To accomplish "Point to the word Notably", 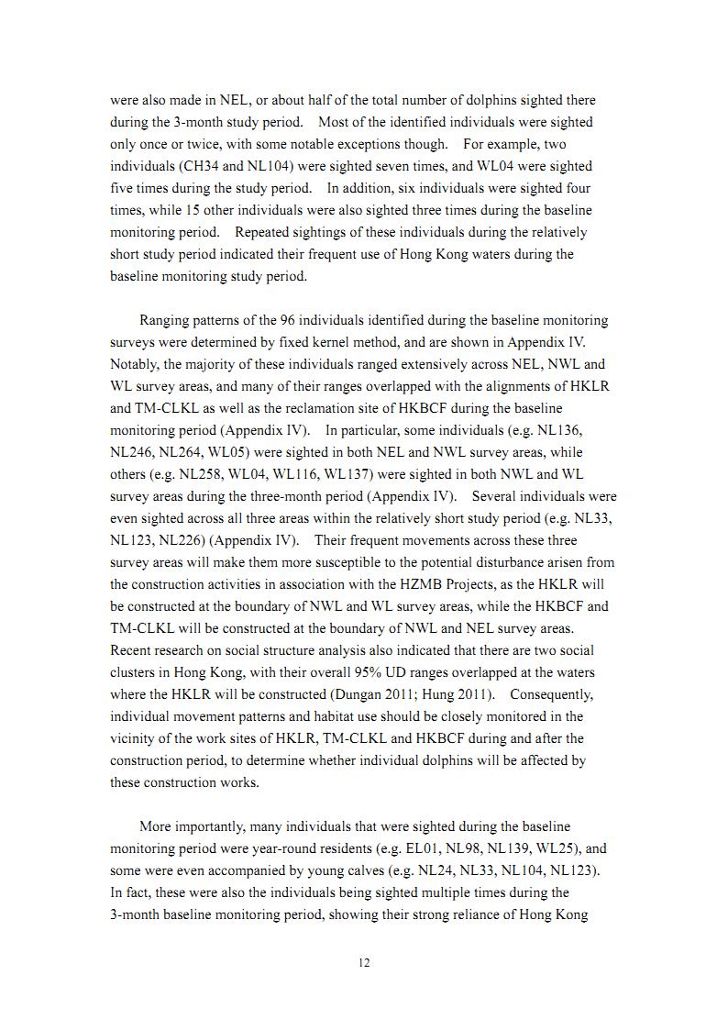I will [134, 364].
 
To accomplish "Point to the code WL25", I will [564, 848].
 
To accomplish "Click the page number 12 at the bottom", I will [364, 962].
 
